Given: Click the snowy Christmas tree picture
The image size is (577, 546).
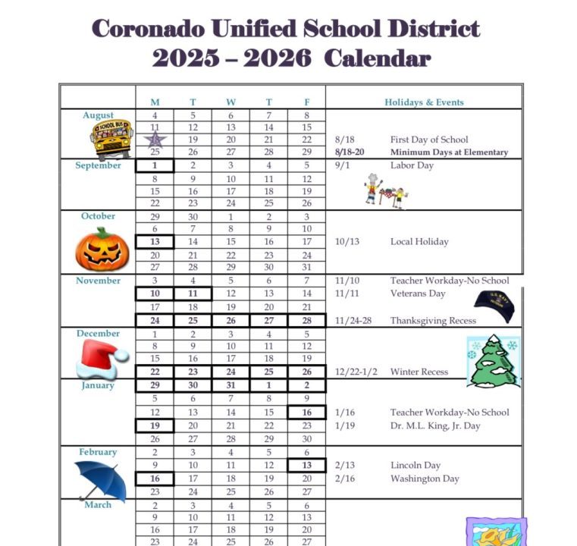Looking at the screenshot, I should click(x=494, y=361).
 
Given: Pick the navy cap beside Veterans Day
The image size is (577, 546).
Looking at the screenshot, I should click(x=495, y=304).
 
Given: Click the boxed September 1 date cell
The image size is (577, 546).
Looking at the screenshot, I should click(x=155, y=165).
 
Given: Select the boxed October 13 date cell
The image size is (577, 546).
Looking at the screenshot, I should click(x=155, y=242).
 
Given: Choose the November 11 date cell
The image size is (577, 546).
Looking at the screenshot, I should click(x=193, y=293).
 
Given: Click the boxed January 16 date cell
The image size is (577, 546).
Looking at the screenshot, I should click(x=306, y=413).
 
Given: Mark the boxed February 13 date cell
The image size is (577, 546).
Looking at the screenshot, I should click(x=306, y=466).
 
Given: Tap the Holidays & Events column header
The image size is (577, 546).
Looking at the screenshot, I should click(x=424, y=102).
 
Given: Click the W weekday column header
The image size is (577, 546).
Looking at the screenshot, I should click(x=230, y=102).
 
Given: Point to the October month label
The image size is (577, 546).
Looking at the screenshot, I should click(x=99, y=216).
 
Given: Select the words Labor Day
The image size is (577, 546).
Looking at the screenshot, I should click(x=412, y=165).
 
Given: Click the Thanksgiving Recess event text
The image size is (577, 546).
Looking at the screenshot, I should click(x=433, y=321).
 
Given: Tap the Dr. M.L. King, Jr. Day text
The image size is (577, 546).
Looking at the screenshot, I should click(x=435, y=425).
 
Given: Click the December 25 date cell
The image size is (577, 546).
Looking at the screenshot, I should click(x=268, y=372).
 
